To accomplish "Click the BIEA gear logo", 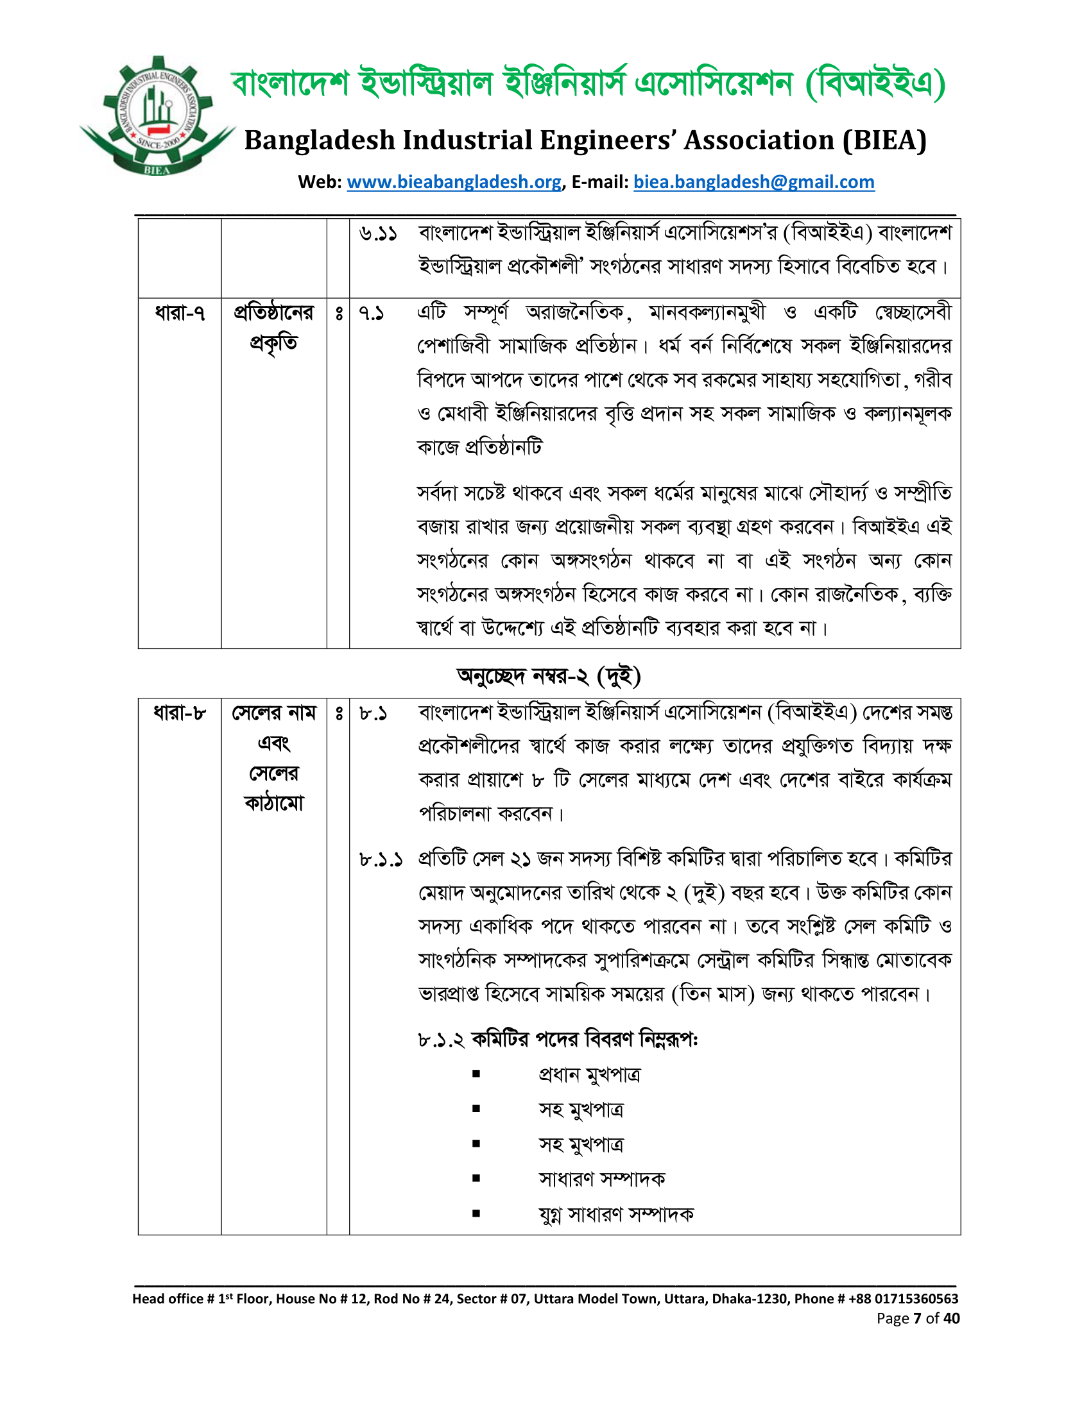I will coord(157,116).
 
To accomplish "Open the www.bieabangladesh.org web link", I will coord(454,182).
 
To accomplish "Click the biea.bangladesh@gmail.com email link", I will coord(753,182).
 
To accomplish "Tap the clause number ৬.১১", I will coord(378,234).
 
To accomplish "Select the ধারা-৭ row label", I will coord(180,314).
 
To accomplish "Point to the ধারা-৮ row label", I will coord(180,713).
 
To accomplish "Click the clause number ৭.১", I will coord(372,314).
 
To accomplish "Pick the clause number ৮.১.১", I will coord(381,860).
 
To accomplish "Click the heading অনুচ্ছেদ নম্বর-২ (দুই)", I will coord(548,676).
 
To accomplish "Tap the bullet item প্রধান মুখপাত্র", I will coord(589,1074).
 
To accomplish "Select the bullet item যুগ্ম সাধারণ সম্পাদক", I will coord(616,1215).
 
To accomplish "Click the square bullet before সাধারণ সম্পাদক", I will coord(476,1178).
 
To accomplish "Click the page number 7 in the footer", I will coord(916,1318).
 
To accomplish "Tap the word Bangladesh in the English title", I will coord(320,140).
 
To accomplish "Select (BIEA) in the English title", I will coord(884,140).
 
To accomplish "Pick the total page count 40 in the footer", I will coord(951,1318).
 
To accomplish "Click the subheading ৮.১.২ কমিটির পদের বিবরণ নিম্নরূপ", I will coord(557,1040).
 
